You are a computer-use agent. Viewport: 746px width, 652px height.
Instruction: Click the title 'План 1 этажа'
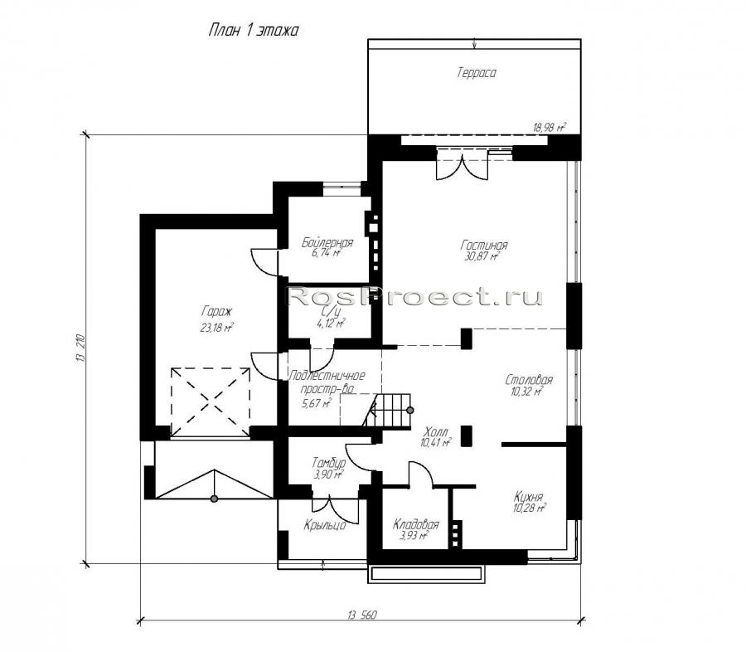254,31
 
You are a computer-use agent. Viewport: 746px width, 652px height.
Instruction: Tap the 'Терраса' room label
477,73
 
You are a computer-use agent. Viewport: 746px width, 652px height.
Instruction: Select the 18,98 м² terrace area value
550,127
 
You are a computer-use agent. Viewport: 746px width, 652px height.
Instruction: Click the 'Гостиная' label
484,246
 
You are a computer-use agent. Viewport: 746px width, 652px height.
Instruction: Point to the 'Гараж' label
216,312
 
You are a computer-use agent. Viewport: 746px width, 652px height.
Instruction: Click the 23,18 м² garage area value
216,328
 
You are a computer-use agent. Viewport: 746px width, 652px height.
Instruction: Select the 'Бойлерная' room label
327,242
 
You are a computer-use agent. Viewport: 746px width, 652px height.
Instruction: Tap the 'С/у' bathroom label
331,311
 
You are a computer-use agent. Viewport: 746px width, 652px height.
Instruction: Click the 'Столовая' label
529,380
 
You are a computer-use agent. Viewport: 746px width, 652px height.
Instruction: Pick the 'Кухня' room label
528,497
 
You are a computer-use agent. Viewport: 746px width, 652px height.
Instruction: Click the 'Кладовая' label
415,525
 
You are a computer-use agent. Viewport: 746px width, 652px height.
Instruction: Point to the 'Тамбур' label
329,462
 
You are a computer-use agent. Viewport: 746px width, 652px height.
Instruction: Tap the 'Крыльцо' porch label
324,526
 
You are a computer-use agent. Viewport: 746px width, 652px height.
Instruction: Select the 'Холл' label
435,432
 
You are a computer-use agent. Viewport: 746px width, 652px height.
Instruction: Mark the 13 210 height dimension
80,348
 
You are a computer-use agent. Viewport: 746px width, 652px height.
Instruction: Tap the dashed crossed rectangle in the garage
211,402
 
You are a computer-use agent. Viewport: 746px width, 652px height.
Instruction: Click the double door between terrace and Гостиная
462,168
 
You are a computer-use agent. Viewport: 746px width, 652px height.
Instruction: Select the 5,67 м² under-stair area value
317,404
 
